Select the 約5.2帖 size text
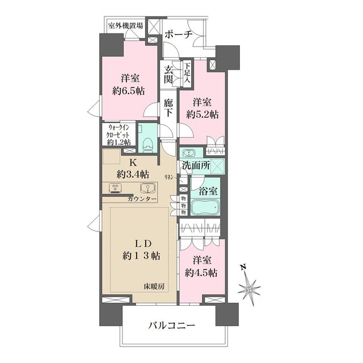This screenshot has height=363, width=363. tap(202, 114)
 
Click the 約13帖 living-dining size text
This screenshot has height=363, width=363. tap(141, 255)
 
